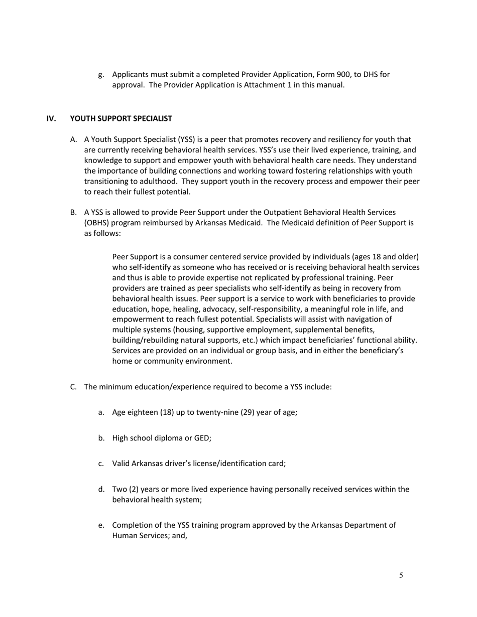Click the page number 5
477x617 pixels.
(x=401, y=575)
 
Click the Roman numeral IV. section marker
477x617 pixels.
(x=51, y=118)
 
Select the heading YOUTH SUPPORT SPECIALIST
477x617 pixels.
(x=121, y=118)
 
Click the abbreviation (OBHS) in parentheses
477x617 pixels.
(x=97, y=223)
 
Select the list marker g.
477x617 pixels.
(x=101, y=75)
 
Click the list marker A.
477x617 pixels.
(x=73, y=139)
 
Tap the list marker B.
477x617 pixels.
(x=73, y=212)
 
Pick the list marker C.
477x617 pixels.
(x=73, y=387)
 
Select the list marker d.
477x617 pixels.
(x=101, y=489)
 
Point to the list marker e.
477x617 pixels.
(x=101, y=525)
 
